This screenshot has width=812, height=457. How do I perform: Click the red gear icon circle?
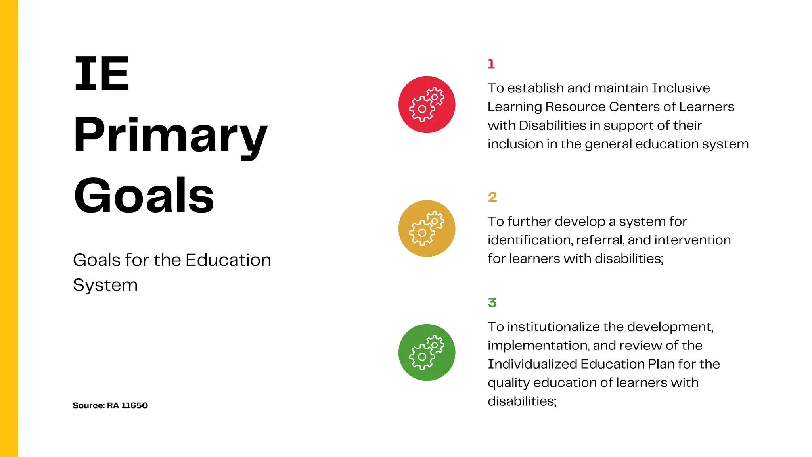click(x=427, y=104)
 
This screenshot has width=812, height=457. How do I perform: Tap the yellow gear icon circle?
click(x=427, y=228)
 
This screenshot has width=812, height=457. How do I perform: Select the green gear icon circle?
click(x=427, y=352)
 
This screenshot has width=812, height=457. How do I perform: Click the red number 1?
click(x=491, y=64)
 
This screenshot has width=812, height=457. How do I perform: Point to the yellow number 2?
click(x=492, y=197)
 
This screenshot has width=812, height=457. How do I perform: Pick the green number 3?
click(x=492, y=303)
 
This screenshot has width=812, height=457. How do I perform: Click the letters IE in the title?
click(x=102, y=74)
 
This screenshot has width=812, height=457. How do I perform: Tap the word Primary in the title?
click(x=170, y=136)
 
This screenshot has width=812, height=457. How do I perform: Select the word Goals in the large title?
click(x=144, y=196)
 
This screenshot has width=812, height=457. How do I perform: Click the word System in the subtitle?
click(x=105, y=285)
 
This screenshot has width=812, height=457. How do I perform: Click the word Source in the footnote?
click(x=88, y=405)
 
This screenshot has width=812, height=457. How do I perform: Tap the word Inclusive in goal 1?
click(x=681, y=88)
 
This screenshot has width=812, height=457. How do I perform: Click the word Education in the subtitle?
click(x=228, y=260)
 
